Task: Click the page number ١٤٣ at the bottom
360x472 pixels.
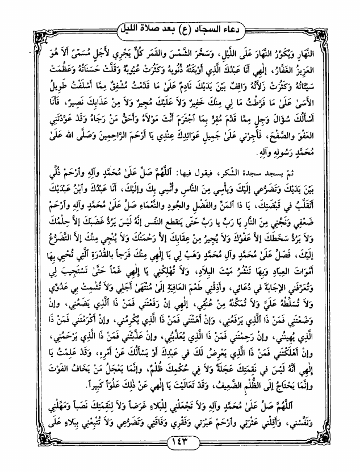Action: [x=180, y=441]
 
